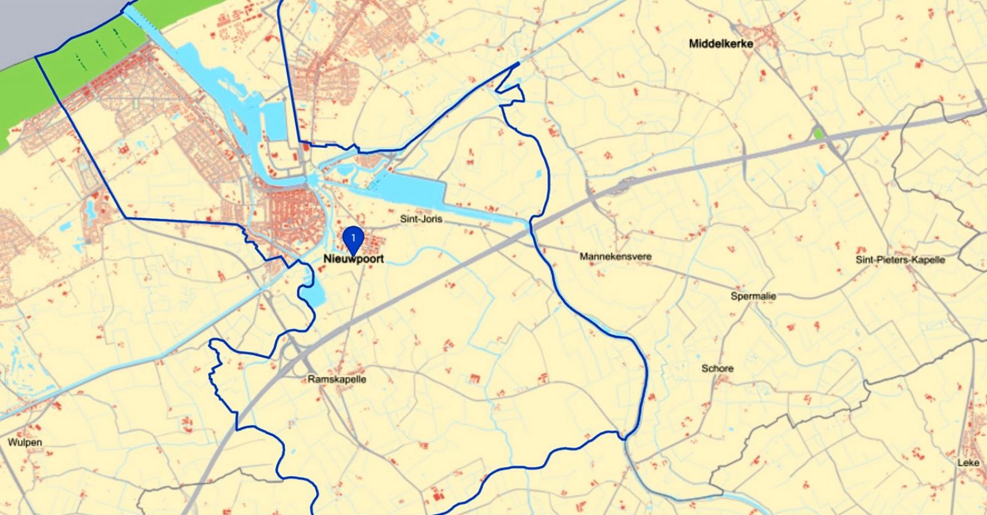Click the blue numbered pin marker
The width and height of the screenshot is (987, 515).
click(353, 238)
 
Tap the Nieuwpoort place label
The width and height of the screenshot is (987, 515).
click(353, 259)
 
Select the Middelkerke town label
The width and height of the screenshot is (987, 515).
click(721, 44)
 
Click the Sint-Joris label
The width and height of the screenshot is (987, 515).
click(421, 219)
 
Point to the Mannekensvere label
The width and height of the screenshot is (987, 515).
click(615, 256)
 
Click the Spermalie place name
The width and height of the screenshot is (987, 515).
click(753, 296)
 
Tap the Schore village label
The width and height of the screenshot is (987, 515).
click(717, 368)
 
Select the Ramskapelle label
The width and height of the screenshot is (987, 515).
click(337, 379)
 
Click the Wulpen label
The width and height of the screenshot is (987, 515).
click(25, 442)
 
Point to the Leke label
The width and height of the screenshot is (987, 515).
click(968, 462)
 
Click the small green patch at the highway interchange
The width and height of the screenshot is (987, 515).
click(819, 133)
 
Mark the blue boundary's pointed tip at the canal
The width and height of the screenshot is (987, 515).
click(518, 63)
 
